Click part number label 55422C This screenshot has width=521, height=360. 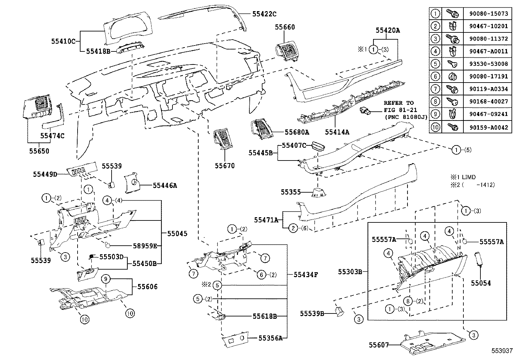264,14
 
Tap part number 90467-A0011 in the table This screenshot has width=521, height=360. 488,51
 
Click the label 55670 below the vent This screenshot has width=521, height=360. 225,166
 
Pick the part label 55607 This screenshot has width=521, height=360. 379,345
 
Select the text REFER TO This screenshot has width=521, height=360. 399,103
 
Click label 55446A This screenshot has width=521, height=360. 165,185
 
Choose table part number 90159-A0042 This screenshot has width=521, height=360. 488,127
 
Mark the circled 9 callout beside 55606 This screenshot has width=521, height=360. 106,279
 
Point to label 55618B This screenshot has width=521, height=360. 265,316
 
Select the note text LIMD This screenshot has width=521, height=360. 469,177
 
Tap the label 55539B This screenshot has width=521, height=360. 312,313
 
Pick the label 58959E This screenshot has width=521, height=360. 146,246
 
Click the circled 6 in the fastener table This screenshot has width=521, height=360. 435,76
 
